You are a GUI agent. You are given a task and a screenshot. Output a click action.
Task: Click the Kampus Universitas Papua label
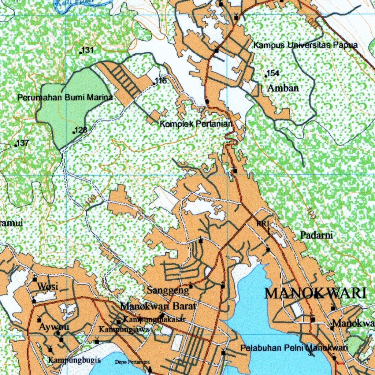coord(305,45)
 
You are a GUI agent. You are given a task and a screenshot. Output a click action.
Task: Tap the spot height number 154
coord(273,73)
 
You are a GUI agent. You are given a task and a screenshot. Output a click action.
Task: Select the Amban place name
coord(283,88)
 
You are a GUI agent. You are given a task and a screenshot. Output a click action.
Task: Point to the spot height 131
coord(88,50)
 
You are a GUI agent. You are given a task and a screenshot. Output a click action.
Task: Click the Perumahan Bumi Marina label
coord(65,98)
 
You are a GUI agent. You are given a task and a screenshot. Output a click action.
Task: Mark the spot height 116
coord(161,81)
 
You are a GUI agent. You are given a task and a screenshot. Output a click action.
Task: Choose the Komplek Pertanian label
coord(196,124)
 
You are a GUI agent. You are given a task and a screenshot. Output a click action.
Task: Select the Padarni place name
coord(317,235)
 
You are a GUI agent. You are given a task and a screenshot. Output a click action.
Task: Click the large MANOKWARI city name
coord(315,293)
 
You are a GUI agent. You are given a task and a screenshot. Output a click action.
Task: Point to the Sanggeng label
coord(168,290)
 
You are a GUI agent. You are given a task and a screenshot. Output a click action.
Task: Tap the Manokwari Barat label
coord(159,305)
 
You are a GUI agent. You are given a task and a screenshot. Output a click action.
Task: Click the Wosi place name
coord(48,286)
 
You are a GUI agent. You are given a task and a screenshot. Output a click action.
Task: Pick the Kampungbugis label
coord(74,360)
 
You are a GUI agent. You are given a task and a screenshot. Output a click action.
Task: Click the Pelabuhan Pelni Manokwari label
coord(294,348)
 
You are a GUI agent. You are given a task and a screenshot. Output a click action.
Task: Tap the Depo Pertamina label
coord(133,362)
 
